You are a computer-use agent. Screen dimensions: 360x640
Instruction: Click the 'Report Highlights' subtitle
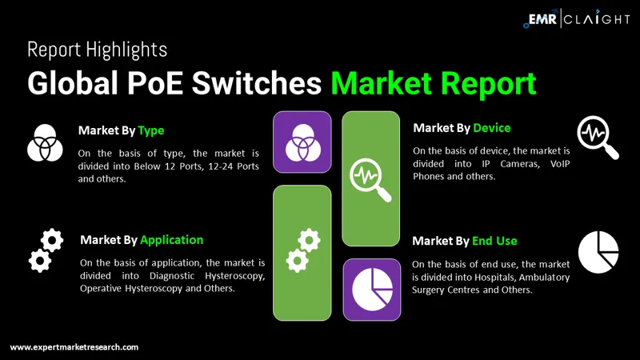click(97, 50)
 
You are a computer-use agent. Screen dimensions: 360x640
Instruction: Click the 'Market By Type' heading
click(121, 130)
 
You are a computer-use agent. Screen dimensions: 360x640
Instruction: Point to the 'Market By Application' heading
click(141, 240)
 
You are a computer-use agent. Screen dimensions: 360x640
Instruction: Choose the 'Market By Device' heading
click(461, 128)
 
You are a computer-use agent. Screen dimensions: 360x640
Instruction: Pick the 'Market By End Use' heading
click(464, 241)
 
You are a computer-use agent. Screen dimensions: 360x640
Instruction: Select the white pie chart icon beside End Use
click(598, 251)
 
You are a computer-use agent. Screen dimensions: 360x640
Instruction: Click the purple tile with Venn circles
click(302, 142)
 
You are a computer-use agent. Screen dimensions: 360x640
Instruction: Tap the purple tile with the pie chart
click(371, 289)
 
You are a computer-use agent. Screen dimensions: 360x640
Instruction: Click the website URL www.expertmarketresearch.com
click(74, 347)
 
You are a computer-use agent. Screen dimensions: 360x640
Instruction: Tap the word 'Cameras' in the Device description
click(503, 163)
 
